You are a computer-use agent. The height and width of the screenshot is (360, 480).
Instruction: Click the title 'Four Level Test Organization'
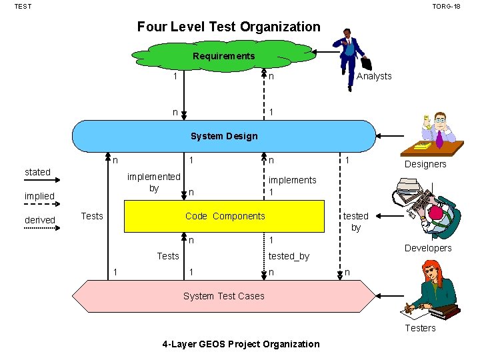pos(229,27)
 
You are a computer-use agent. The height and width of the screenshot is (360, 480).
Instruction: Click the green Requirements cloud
pos(224,56)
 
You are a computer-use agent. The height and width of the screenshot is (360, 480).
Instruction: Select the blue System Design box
pos(224,136)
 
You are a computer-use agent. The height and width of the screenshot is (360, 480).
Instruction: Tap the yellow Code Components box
pos(225,216)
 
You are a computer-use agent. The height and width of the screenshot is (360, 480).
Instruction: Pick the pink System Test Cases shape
pos(224,296)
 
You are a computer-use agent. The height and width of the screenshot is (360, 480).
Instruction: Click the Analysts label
pos(374,76)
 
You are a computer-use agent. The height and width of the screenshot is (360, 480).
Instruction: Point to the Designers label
pos(425,164)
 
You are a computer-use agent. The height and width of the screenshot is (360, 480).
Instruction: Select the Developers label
pos(428,248)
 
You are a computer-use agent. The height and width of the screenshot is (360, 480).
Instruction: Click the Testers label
pos(420,327)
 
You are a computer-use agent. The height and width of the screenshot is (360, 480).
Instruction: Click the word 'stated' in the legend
pos(37,172)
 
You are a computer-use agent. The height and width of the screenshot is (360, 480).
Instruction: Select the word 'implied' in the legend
pos(39,196)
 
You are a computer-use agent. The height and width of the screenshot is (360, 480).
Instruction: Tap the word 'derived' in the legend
pos(40,220)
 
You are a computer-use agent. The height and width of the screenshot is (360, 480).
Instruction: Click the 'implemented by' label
pos(153,182)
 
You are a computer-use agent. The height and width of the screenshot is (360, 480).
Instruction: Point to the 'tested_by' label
pos(289,256)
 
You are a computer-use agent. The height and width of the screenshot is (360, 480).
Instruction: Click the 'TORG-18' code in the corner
pos(446,6)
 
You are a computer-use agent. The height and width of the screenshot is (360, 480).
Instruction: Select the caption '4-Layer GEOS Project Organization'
pos(241,344)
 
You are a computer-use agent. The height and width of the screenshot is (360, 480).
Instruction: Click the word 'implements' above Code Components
pos(292,180)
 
